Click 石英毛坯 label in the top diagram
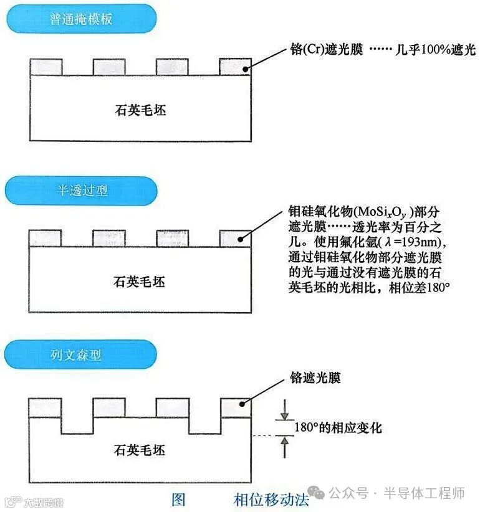pyautogui.click(x=141, y=110)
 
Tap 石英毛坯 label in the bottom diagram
pyautogui.click(x=141, y=450)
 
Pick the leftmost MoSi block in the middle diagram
pyautogui.click(x=46, y=237)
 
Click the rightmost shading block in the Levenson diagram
pyautogui.click(x=236, y=407)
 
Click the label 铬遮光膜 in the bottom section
pyautogui.click(x=315, y=377)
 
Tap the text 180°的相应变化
pyautogui.click(x=337, y=428)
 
